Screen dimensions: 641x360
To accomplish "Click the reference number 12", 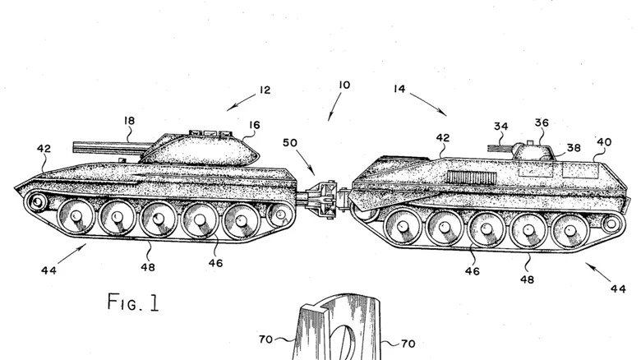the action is coord(265,90).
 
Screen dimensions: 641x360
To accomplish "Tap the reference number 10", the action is coord(344,85).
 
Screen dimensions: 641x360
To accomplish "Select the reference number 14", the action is coord(399,89).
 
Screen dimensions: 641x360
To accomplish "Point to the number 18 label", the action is coord(129,121).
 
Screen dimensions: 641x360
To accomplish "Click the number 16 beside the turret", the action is coord(254,125).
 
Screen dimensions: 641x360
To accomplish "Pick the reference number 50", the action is coord(290,143).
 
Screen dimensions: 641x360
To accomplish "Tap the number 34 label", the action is coord(500,127).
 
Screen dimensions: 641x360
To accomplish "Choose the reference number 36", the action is coord(542,122).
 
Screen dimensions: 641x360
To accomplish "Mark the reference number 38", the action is coord(574,148).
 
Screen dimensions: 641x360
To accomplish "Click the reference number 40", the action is coord(604,142).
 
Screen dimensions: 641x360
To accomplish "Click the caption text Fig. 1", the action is coord(133,302).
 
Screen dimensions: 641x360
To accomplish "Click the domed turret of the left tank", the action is coord(201,150).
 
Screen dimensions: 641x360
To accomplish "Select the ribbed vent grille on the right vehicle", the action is coord(473,178).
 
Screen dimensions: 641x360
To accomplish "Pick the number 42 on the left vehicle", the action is coord(44,149).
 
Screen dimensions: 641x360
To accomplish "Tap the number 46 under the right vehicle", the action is coord(473,270).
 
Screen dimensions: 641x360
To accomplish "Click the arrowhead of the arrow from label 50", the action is coord(313,173).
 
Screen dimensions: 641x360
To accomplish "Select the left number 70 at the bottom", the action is coord(265,339).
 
